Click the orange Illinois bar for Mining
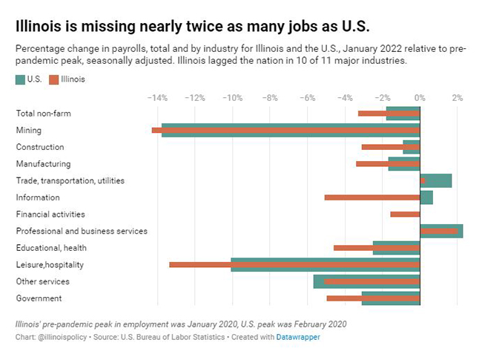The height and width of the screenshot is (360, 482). tap(285, 130)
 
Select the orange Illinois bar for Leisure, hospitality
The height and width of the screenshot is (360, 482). tap(294, 264)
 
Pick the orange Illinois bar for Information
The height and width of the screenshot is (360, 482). tap(372, 197)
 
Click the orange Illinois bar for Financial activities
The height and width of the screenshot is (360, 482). tap(405, 215)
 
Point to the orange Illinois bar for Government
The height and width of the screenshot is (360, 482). tap(373, 298)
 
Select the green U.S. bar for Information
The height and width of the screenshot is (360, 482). tap(426, 197)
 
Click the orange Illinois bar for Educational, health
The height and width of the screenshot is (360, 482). tap(377, 248)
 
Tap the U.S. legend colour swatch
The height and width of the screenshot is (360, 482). tap(20, 79)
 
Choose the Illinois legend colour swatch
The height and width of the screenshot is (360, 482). tap(53, 79)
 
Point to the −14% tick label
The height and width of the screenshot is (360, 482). tap(156, 97)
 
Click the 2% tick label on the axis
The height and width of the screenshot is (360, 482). tap(458, 97)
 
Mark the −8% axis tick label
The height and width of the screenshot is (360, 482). tap(269, 97)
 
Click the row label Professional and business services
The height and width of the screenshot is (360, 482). tap(82, 231)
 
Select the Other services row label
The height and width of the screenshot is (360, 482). tap(42, 281)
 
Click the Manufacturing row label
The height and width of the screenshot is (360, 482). tap(43, 163)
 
